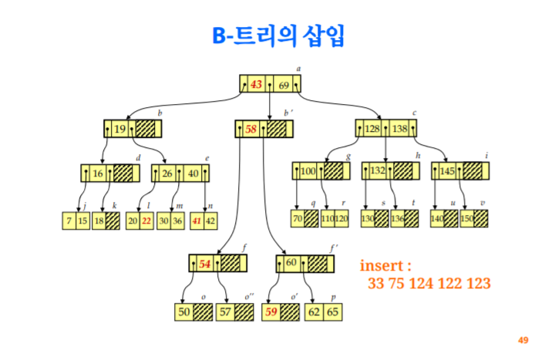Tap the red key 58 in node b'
tap(251, 130)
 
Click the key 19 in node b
tap(119, 130)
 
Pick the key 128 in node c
tap(372, 129)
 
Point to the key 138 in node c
tap(399, 129)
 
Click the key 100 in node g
tap(308, 171)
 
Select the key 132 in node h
tap(378, 171)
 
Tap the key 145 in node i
tap(448, 171)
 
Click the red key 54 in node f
tap(204, 264)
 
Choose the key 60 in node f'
tap(291, 264)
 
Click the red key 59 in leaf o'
tap(271, 312)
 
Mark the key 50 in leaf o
tap(183, 312)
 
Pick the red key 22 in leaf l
tap(146, 220)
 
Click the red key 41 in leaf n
tap(197, 220)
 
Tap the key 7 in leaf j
tap(70, 220)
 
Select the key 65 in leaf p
tap(332, 312)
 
